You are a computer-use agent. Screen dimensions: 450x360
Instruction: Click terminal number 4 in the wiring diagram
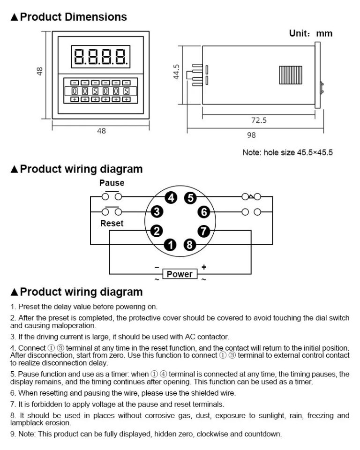coord(172,198)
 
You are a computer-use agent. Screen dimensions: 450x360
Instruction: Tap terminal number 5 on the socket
coord(189,198)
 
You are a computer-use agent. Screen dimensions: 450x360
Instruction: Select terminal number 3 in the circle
coord(158,212)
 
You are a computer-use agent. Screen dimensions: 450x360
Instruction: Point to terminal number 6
coord(203,212)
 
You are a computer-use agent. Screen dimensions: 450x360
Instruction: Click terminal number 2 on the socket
coord(158,230)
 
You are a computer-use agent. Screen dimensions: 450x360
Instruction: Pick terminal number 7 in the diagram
coord(203,230)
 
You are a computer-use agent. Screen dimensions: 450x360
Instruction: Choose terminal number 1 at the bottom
coord(172,244)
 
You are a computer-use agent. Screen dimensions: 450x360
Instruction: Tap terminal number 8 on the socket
coord(189,244)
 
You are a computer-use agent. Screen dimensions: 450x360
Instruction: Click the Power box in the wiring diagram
coord(180,274)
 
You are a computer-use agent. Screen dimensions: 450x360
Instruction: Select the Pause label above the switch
coord(112,183)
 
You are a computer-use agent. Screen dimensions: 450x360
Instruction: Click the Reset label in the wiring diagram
coord(112,224)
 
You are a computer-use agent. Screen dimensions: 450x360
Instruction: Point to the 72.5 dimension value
coord(258,120)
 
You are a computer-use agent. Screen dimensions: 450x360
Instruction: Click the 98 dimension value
coord(251,135)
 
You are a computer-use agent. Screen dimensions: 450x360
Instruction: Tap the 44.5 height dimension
coord(176,72)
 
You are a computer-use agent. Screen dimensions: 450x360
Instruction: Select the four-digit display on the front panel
coord(101,56)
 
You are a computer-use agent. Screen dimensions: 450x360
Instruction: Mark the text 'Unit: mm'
coord(310,33)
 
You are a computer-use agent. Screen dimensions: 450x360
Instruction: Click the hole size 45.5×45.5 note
coord(287,153)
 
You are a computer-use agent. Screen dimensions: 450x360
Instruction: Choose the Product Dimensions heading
coord(69,17)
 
